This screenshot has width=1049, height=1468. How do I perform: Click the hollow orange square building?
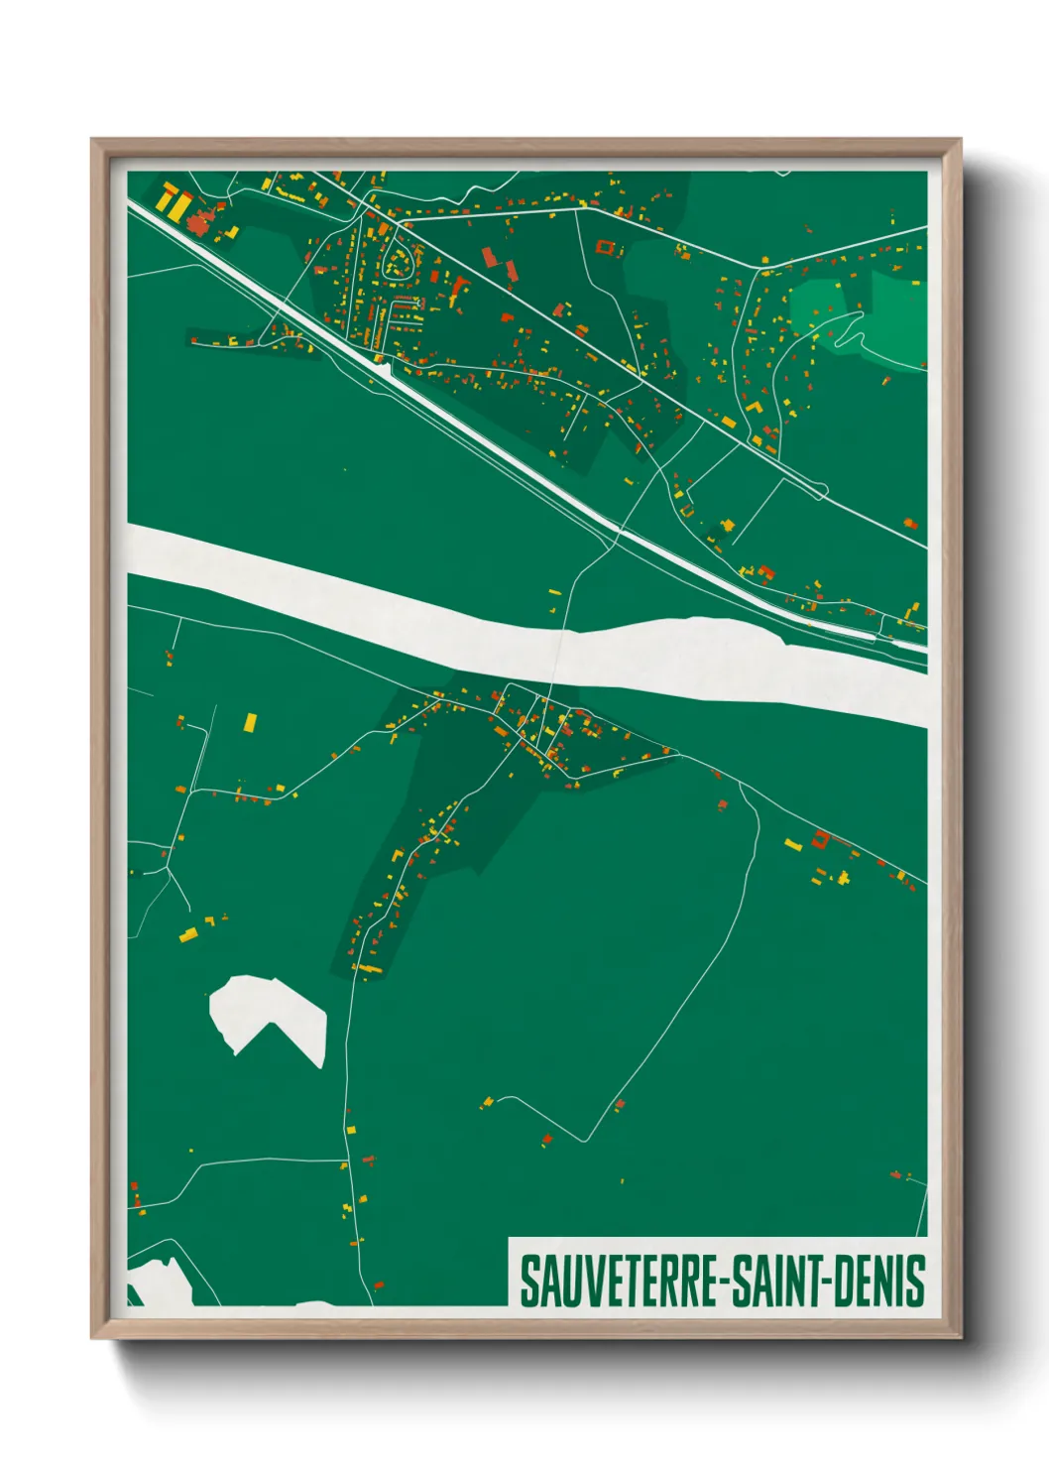[x=606, y=247]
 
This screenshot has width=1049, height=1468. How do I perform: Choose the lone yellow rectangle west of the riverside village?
[x=250, y=721]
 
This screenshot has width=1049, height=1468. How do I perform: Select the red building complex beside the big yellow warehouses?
[x=203, y=220]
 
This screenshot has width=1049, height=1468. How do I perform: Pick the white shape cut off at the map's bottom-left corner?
[x=159, y=1280]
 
